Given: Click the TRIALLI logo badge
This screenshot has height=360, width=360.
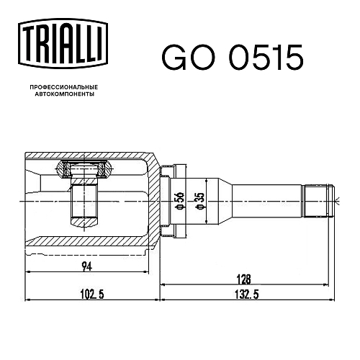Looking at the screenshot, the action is (63, 44).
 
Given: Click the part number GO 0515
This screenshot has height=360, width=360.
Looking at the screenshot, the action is (233, 58).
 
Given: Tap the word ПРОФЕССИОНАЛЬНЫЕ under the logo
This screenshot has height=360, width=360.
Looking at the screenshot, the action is (64, 87).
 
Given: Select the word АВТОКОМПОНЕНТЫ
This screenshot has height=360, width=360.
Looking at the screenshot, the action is (65, 94).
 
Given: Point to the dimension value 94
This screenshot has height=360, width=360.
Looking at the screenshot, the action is (86, 266).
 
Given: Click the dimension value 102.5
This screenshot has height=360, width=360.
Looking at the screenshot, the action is (92, 294).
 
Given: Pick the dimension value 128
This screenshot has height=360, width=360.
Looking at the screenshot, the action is (243, 279).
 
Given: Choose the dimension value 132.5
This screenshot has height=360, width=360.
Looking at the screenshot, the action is (247, 294).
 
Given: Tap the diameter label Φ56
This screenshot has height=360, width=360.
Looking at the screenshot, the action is (180, 201).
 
